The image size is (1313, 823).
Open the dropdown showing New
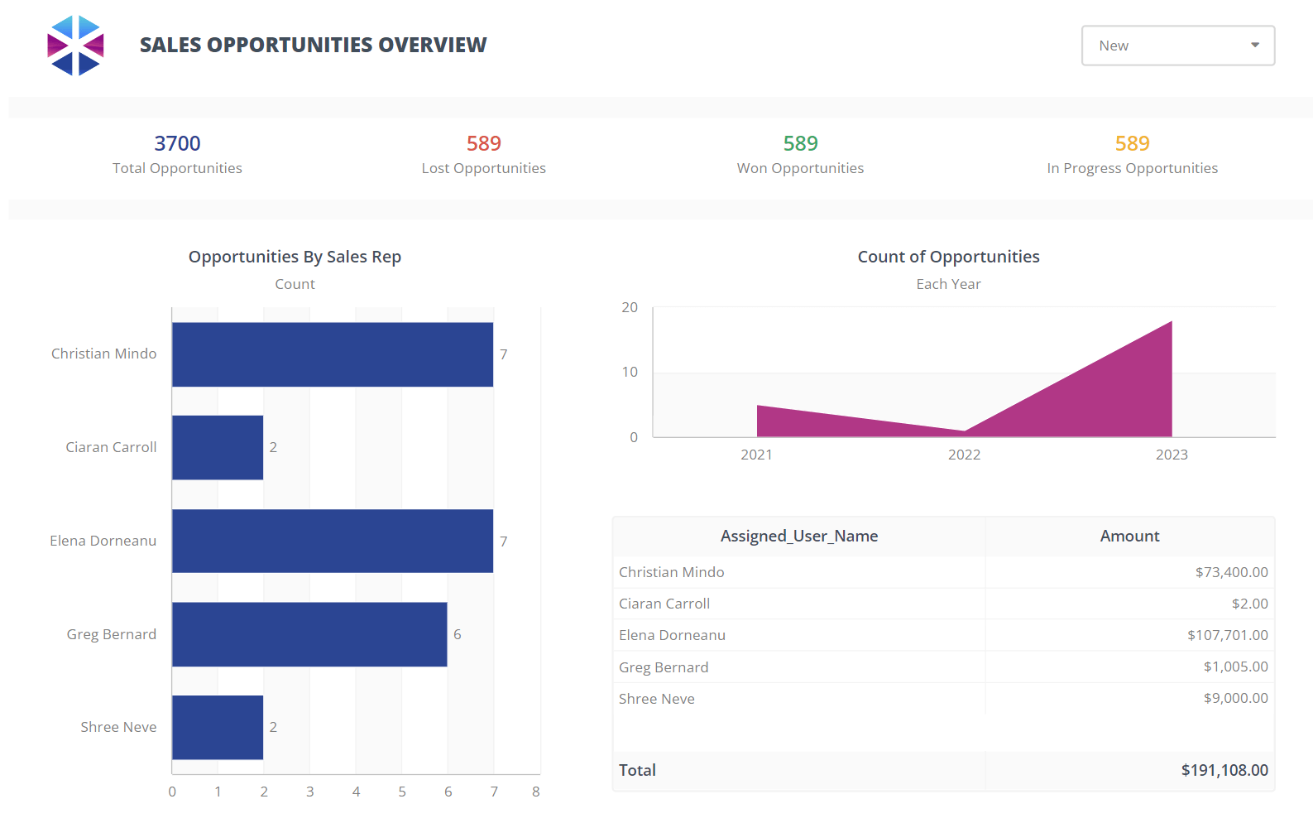click(x=1177, y=46)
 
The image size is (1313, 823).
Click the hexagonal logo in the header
click(x=75, y=46)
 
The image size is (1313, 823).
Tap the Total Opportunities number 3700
click(x=177, y=143)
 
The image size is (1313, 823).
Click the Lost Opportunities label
click(x=483, y=168)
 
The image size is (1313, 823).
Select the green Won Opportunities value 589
click(x=800, y=143)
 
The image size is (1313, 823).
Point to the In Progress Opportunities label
click(x=1132, y=168)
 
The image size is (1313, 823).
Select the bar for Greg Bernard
click(x=309, y=634)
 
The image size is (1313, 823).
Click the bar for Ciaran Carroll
click(x=218, y=447)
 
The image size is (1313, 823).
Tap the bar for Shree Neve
click(x=218, y=727)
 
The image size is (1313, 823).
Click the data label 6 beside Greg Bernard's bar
click(x=458, y=634)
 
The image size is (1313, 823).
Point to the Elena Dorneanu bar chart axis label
click(x=103, y=541)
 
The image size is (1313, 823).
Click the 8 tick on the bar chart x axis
click(x=536, y=792)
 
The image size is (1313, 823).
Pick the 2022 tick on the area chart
click(x=964, y=455)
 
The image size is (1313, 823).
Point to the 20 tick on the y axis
click(x=630, y=307)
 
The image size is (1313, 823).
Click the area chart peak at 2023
click(x=1170, y=325)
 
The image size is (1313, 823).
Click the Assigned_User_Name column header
click(x=798, y=536)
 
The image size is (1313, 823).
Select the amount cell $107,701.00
click(x=1227, y=635)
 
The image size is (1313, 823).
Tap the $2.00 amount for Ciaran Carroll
click(x=1249, y=604)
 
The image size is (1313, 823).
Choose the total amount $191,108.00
click(x=1224, y=770)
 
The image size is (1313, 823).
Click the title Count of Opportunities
click(x=948, y=257)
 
